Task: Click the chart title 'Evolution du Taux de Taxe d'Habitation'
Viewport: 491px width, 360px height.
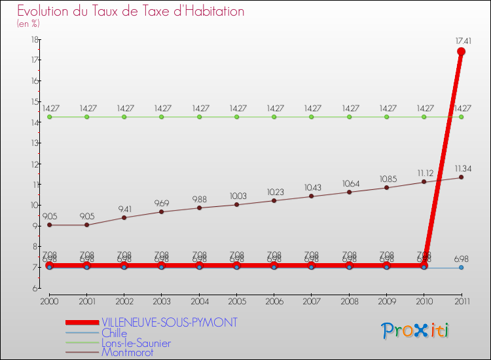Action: [x=131, y=11]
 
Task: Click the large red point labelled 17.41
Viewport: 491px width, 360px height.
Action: [x=461, y=52]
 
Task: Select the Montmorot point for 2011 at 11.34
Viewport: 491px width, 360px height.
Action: [x=461, y=177]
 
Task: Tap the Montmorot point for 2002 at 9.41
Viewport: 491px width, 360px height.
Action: [x=124, y=217]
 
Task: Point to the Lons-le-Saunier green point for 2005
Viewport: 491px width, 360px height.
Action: [x=236, y=117]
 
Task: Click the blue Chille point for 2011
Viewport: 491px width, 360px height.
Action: [x=461, y=267]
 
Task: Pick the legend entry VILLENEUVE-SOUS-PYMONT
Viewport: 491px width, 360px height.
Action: [x=170, y=323]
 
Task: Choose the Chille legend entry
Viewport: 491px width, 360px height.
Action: [x=114, y=333]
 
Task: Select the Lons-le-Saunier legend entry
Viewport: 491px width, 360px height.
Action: [x=136, y=343]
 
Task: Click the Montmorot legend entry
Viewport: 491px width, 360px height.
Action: [x=127, y=353]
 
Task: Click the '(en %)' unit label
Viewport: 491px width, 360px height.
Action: [x=28, y=24]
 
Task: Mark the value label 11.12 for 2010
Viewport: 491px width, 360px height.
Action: [x=424, y=173]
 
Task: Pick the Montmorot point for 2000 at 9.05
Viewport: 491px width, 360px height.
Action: [x=49, y=225]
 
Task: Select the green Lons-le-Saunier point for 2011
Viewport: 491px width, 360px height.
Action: [x=461, y=117]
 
